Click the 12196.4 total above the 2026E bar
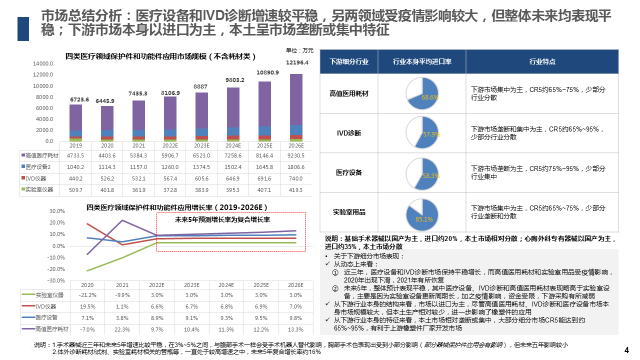point(297,62)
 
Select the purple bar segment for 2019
point(76,117)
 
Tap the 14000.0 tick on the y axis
point(43,64)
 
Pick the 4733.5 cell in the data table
point(76,155)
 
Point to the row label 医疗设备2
point(38,167)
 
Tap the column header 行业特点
point(542,62)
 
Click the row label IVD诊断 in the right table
point(349,133)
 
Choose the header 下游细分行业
point(349,62)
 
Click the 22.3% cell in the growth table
point(122,329)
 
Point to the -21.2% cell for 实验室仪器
point(87,295)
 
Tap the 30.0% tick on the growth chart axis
point(58,211)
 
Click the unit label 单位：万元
point(299,50)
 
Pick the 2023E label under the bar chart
point(201,145)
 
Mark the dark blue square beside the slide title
point(23,28)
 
